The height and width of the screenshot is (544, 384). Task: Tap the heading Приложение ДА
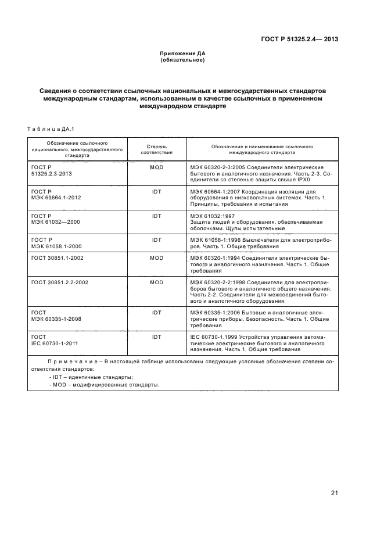(x=182, y=53)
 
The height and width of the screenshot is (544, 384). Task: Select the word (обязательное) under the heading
(x=182, y=60)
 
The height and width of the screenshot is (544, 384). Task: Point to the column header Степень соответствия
(x=156, y=149)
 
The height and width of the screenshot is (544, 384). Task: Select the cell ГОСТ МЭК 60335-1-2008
(x=56, y=316)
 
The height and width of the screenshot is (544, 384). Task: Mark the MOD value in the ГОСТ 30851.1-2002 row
(x=156, y=257)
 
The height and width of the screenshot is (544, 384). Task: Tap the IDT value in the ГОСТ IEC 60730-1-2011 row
(x=156, y=337)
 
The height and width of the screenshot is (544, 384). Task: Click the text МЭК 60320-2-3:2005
(x=216, y=167)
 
